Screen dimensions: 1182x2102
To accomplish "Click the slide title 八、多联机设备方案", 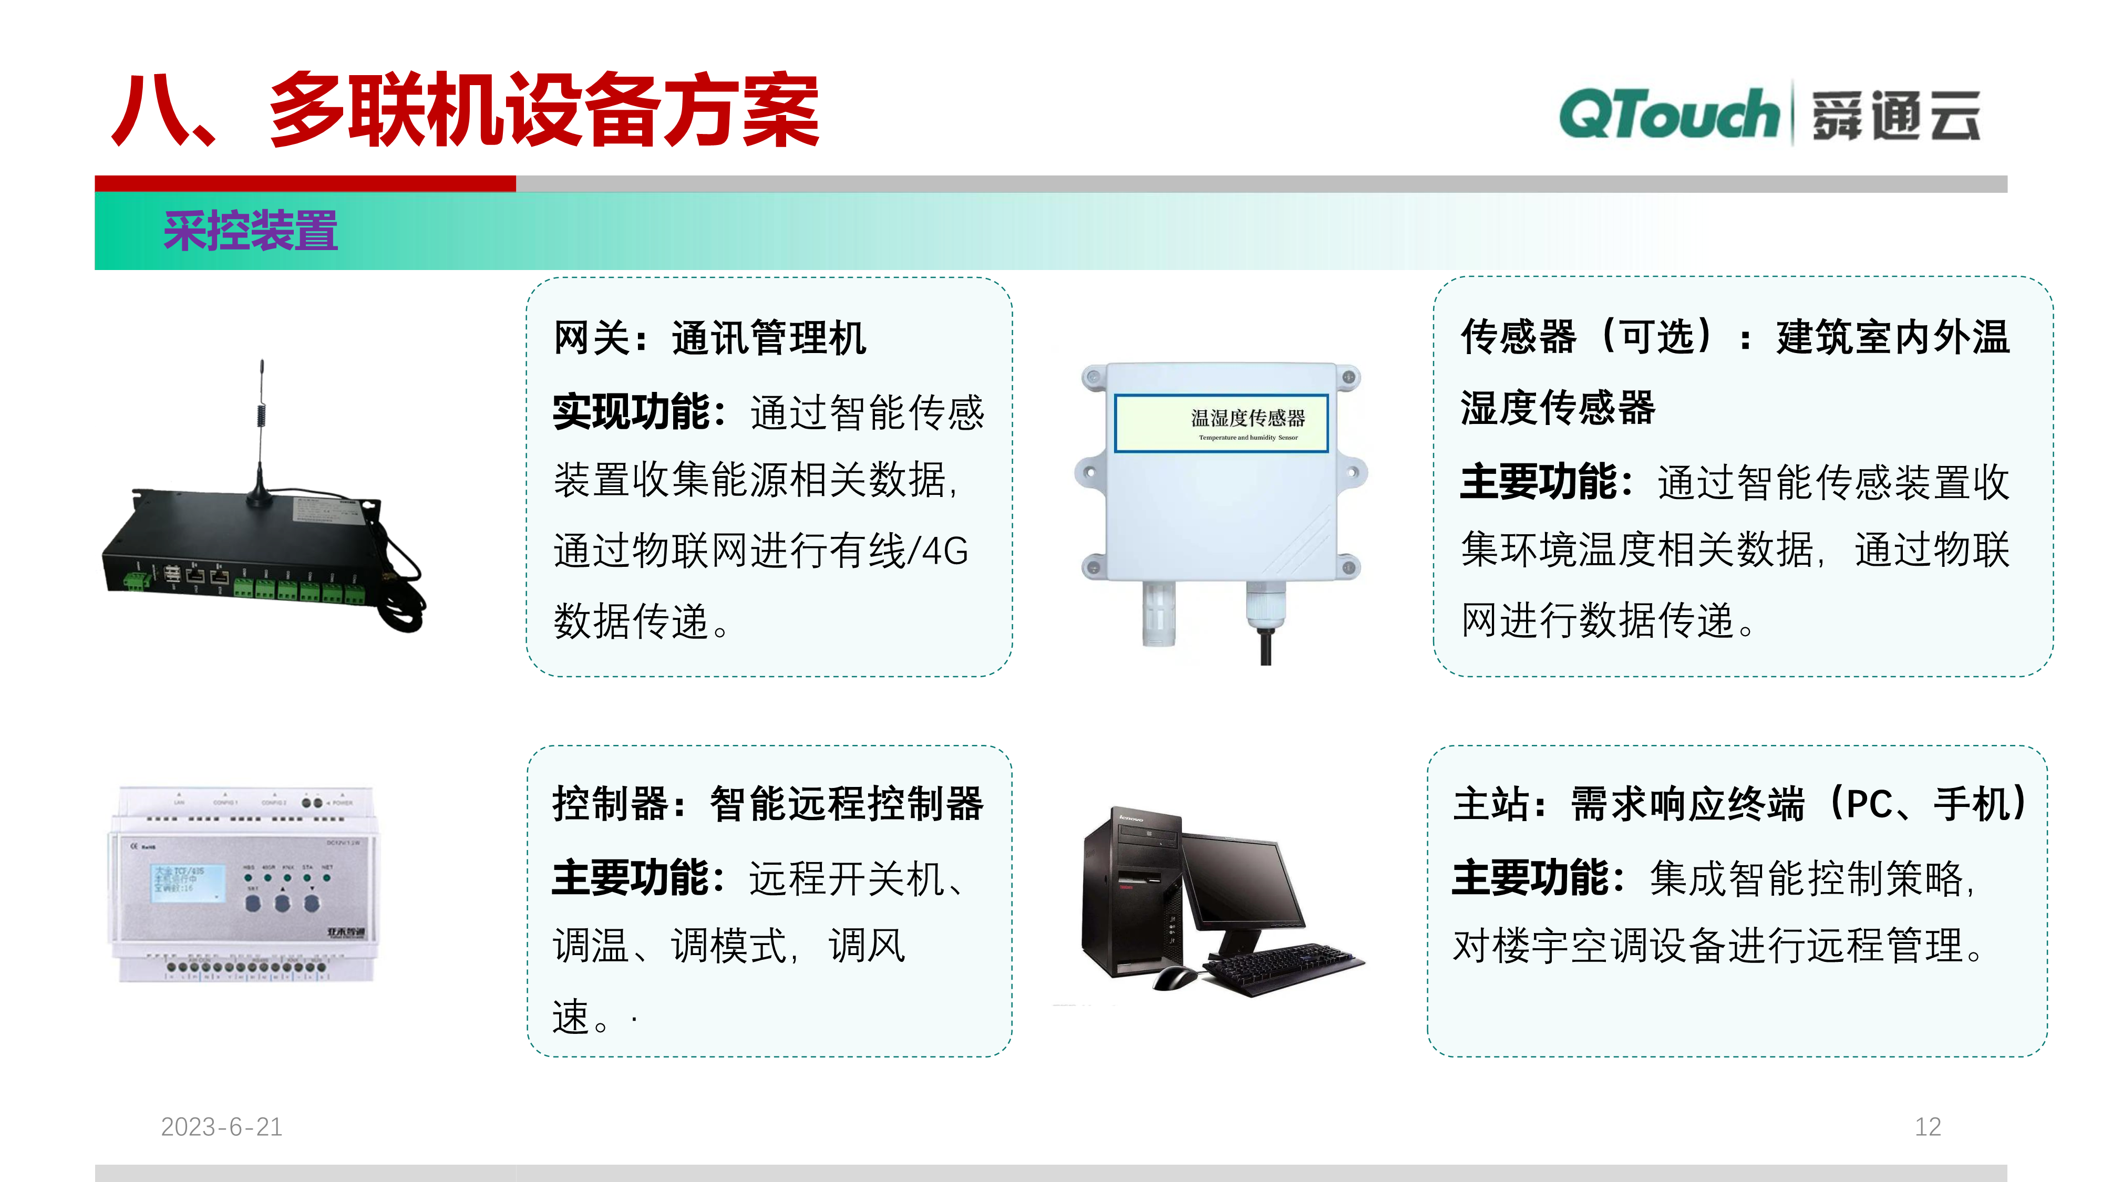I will [465, 111].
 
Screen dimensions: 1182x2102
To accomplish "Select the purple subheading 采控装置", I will [251, 231].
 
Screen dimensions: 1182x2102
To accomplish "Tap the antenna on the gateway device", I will [261, 432].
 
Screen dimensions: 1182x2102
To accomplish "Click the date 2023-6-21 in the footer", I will [221, 1126].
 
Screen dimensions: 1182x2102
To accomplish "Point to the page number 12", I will [1928, 1126].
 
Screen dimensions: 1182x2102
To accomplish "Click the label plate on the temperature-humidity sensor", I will [1221, 422].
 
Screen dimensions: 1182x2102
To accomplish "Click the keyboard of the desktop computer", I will [1281, 966].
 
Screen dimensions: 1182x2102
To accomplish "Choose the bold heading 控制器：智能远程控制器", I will [767, 804].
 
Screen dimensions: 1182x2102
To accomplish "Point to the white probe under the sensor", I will [1159, 612].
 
